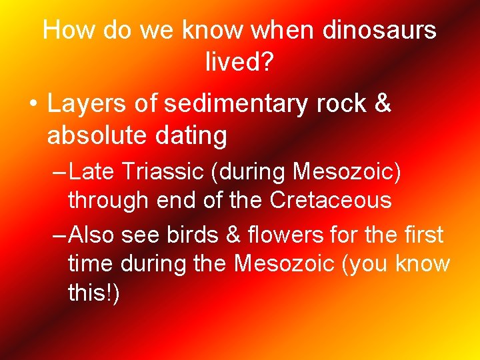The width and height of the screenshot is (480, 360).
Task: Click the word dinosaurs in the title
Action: click(x=379, y=30)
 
